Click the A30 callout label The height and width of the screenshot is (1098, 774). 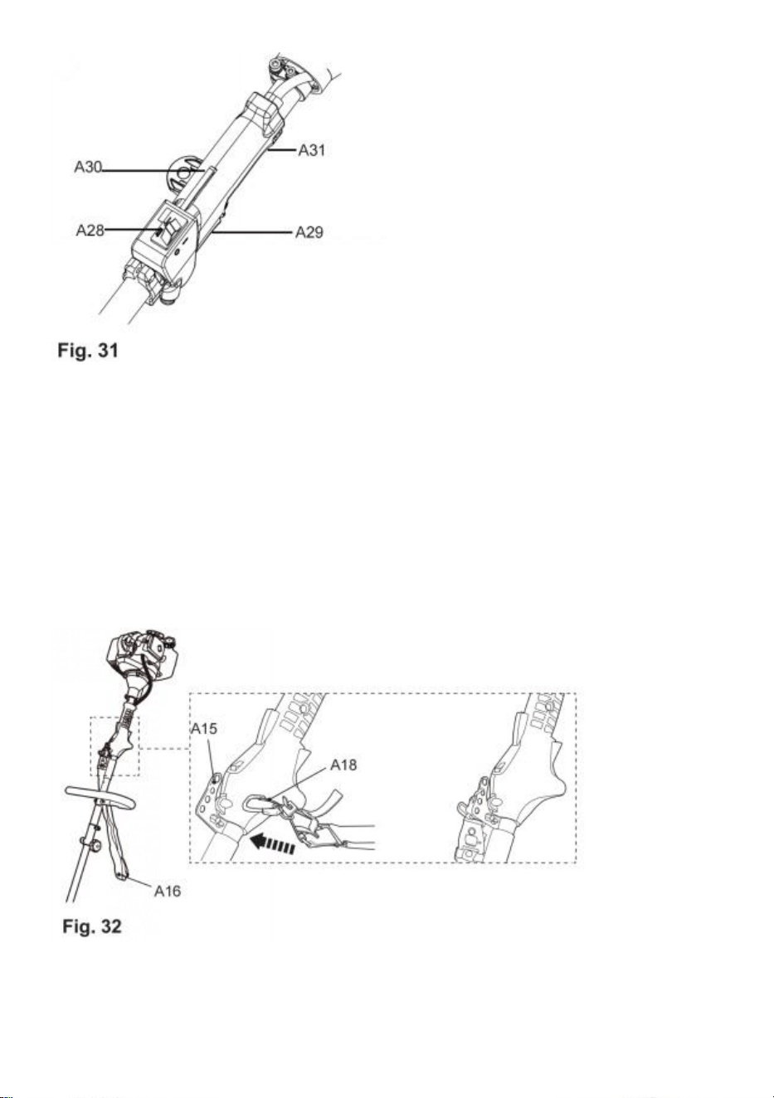[88, 168]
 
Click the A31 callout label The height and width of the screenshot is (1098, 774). [311, 150]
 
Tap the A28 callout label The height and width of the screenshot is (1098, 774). [90, 230]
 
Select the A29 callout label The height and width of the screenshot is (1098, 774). [309, 232]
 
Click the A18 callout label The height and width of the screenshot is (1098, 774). [343, 765]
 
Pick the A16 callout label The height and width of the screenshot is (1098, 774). [168, 891]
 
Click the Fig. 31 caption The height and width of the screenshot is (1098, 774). [88, 351]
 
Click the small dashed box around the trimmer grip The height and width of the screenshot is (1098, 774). [114, 746]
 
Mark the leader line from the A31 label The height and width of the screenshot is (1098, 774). [282, 150]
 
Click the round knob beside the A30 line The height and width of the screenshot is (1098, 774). [184, 174]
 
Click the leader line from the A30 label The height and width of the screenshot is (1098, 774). [153, 171]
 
